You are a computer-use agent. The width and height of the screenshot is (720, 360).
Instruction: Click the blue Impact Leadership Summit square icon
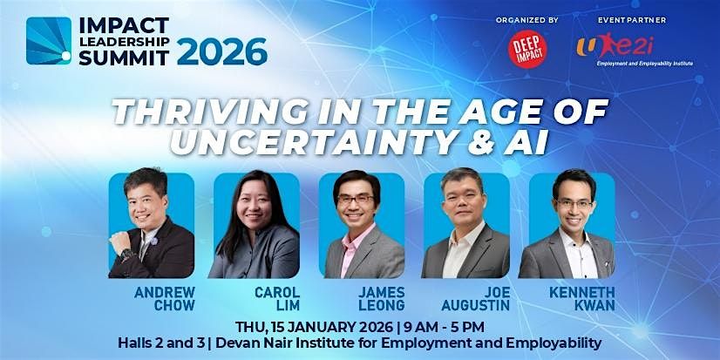tap(49, 40)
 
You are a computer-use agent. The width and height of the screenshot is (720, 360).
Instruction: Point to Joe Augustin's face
tap(460, 204)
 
